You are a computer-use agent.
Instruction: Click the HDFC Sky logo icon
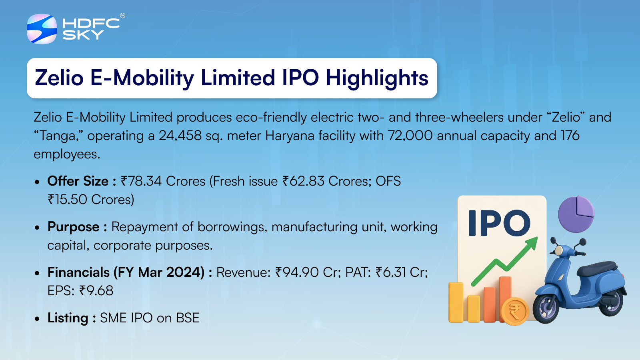pyautogui.click(x=42, y=29)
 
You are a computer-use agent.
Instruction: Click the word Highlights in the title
pyautogui.click(x=377, y=78)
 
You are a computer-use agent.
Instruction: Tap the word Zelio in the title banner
pyautogui.click(x=59, y=78)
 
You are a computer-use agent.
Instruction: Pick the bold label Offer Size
pyautogui.click(x=78, y=181)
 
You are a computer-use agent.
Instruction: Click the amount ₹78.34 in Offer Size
pyautogui.click(x=141, y=181)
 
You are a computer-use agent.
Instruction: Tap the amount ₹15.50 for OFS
pyautogui.click(x=67, y=200)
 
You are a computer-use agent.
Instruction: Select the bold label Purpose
pyautogui.click(x=74, y=227)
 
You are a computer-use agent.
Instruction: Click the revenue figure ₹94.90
pyautogui.click(x=297, y=272)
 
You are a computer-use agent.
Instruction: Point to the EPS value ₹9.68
pyautogui.click(x=96, y=291)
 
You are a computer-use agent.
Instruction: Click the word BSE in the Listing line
pyautogui.click(x=188, y=318)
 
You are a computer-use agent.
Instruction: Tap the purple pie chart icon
pyautogui.click(x=576, y=214)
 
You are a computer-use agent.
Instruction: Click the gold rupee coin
pyautogui.click(x=515, y=311)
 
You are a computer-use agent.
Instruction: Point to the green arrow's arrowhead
pyautogui.click(x=530, y=244)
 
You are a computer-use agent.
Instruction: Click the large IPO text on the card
pyautogui.click(x=499, y=223)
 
